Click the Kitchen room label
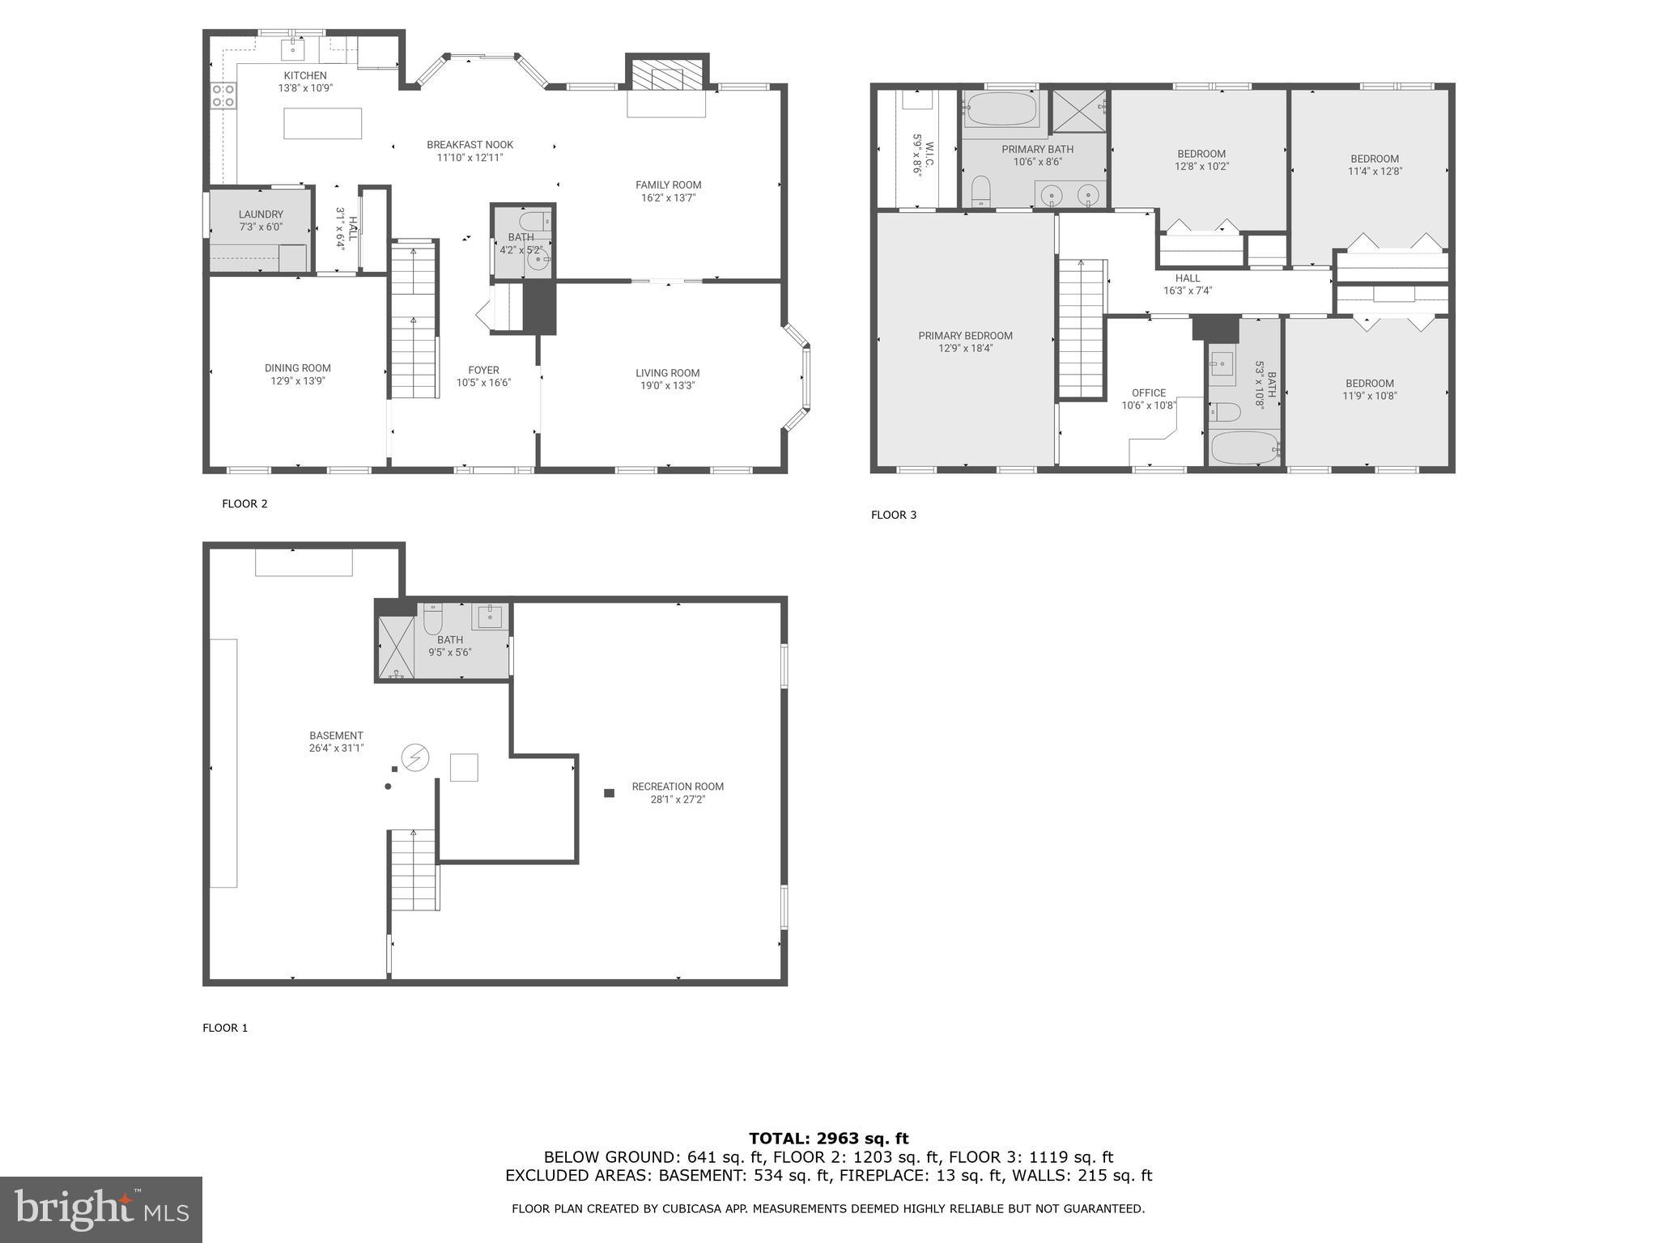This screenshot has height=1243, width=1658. pyautogui.click(x=305, y=75)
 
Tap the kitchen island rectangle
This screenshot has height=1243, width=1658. pyautogui.click(x=322, y=124)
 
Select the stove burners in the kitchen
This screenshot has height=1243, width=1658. pyautogui.click(x=223, y=95)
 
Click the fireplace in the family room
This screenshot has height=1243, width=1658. pyautogui.click(x=666, y=78)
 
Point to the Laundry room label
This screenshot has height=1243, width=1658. pyautogui.click(x=261, y=214)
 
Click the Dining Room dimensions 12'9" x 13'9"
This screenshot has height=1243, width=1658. pyautogui.click(x=298, y=381)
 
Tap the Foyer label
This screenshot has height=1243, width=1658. pyautogui.click(x=483, y=371)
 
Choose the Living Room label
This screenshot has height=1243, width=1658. pyautogui.click(x=667, y=373)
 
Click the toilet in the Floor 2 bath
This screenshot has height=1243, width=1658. pyautogui.click(x=534, y=221)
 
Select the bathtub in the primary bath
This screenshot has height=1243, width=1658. pyautogui.click(x=1001, y=109)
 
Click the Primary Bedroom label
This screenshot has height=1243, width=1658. pyautogui.click(x=965, y=336)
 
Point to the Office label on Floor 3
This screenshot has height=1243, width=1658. pyautogui.click(x=1148, y=393)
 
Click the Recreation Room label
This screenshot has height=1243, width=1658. pyautogui.click(x=678, y=787)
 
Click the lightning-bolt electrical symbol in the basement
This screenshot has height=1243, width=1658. pyautogui.click(x=415, y=757)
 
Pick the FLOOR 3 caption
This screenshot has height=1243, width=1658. pyautogui.click(x=894, y=515)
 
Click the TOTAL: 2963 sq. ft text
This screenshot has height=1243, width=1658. pyautogui.click(x=828, y=1139)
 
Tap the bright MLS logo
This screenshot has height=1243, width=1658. pyautogui.click(x=101, y=1209)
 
